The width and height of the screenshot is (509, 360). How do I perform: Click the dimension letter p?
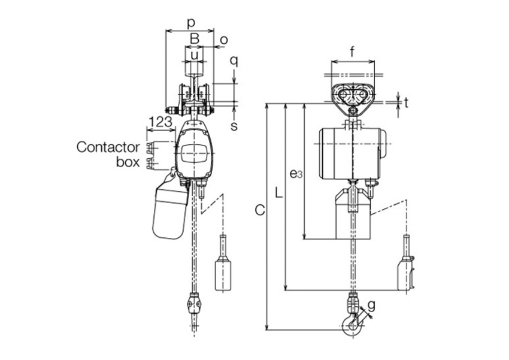(191, 23)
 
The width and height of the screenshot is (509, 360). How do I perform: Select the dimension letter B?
(194, 39)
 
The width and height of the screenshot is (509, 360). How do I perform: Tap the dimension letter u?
(194, 55)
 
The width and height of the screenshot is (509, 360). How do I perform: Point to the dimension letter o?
(224, 40)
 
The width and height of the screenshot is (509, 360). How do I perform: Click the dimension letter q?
(234, 60)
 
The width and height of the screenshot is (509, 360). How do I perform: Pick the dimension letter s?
(234, 126)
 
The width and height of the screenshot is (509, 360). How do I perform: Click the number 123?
(160, 122)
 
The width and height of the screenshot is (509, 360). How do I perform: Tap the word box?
(128, 162)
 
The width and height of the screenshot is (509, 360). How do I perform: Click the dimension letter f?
(353, 52)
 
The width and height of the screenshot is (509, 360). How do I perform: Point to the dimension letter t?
(406, 102)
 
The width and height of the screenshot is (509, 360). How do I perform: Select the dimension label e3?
(296, 174)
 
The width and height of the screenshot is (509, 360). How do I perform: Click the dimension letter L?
(278, 192)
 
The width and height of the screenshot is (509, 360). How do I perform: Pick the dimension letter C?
(260, 210)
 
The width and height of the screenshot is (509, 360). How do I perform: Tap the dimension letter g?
(372, 305)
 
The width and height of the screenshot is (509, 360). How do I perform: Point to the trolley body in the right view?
(353, 99)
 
